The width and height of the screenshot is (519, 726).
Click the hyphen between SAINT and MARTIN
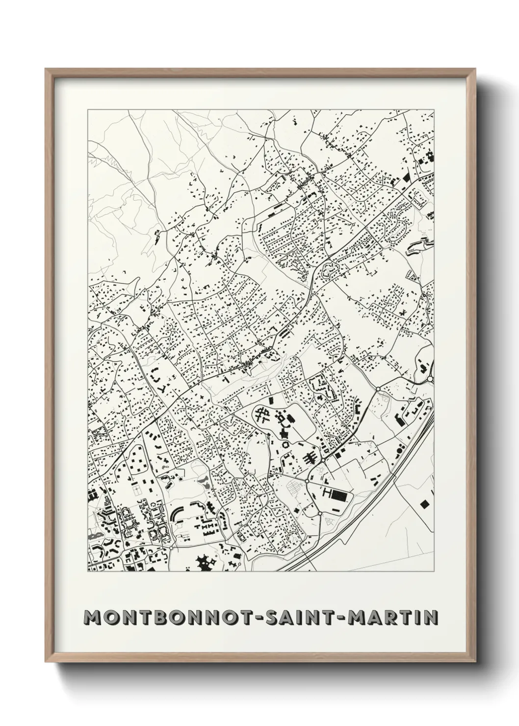[x=343, y=618]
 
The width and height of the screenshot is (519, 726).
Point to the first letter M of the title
[x=91, y=617]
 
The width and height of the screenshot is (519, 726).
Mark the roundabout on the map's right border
[x=430, y=379]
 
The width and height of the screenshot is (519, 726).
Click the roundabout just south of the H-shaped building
[x=319, y=513]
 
